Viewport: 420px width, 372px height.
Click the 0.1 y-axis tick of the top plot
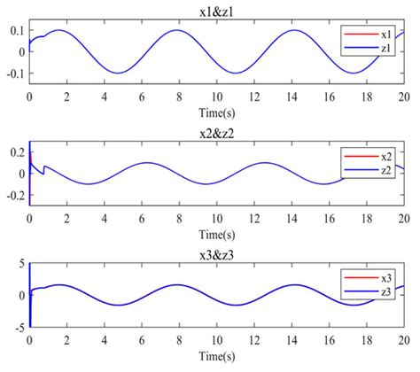pos(15,31)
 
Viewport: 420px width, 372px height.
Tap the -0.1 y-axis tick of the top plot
pos(13,73)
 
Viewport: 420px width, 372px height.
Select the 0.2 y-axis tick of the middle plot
pos(15,152)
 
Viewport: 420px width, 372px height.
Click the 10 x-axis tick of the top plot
pos(216,96)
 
